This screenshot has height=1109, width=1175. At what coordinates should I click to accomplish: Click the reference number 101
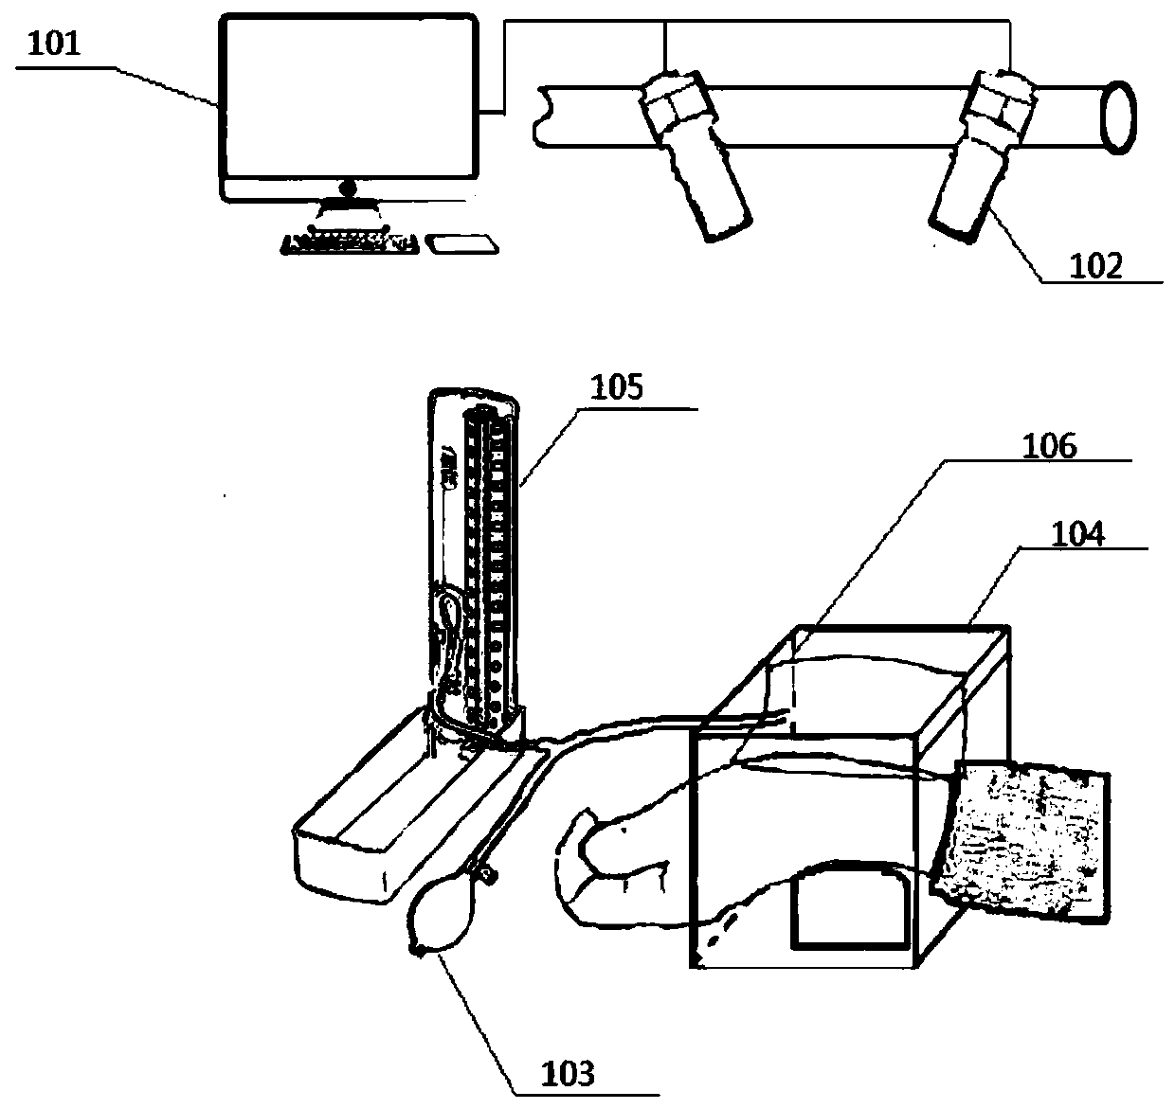pyautogui.click(x=55, y=45)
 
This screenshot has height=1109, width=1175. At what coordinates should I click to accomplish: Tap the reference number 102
pyautogui.click(x=1095, y=266)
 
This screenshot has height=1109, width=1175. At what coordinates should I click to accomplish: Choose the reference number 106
pyautogui.click(x=1050, y=446)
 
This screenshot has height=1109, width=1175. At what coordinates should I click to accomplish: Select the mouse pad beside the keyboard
pyautogui.click(x=463, y=244)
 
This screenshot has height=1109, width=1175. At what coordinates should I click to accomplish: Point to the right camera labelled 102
pyautogui.click(x=977, y=156)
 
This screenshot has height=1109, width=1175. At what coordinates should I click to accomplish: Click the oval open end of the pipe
pyautogui.click(x=1117, y=116)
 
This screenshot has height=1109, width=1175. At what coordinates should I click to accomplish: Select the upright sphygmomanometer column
pyautogui.click(x=474, y=559)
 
